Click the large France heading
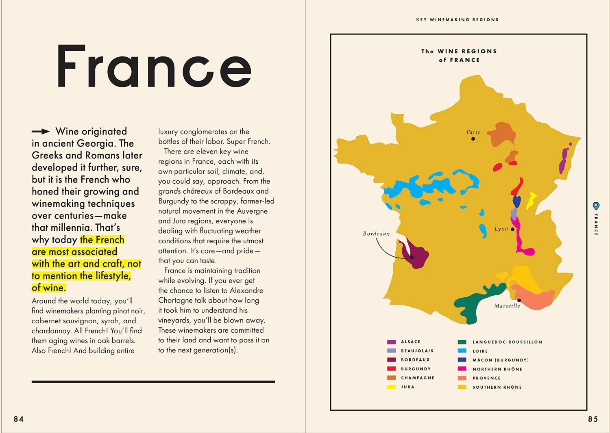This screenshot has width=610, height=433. (x=154, y=67)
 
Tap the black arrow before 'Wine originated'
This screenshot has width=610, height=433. (x=41, y=131)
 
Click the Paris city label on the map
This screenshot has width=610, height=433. (x=473, y=132)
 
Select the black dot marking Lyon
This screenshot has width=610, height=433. (x=512, y=229)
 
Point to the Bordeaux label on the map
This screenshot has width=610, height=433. (x=376, y=234)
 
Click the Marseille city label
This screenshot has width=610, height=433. (x=507, y=306)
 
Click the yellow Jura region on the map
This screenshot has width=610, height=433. (x=531, y=200)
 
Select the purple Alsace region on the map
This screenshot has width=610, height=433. (x=564, y=160)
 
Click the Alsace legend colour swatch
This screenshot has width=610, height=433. (x=391, y=342)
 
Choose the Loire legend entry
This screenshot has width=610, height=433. (x=480, y=351)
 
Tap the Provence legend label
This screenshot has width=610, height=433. (x=486, y=378)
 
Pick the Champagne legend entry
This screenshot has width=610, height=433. (x=418, y=378)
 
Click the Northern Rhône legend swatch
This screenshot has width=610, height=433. (x=462, y=369)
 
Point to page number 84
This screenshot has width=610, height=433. (x=19, y=419)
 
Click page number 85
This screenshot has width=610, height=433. (x=593, y=419)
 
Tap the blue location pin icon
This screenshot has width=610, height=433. (x=596, y=206)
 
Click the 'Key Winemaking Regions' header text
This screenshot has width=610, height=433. (x=457, y=19)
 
